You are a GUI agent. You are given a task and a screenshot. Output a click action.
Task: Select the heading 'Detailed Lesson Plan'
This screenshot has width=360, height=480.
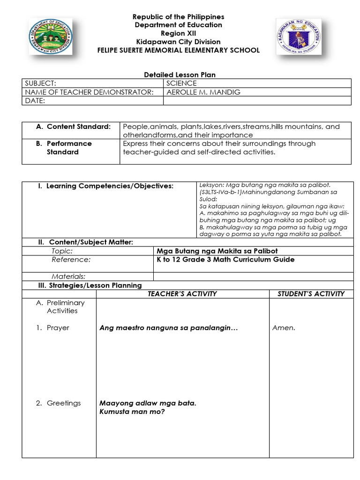179,75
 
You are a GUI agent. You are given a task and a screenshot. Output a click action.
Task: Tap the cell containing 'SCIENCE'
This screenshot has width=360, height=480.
181,83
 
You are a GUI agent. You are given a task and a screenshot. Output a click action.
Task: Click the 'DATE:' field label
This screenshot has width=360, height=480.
35,101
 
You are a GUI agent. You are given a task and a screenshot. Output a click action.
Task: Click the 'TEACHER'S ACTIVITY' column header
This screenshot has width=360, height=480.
182,294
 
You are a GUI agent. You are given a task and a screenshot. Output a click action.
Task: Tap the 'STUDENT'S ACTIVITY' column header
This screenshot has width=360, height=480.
311,294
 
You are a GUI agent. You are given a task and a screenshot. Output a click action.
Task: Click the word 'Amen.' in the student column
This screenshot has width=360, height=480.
284,328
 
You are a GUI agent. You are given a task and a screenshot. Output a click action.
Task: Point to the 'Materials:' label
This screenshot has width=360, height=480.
68,277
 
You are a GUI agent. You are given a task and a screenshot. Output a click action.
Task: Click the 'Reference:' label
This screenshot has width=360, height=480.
71,260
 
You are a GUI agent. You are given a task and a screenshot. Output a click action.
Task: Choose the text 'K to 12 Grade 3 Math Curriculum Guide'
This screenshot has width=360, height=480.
225,260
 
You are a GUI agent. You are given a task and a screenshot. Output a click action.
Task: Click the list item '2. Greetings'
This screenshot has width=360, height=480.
59,403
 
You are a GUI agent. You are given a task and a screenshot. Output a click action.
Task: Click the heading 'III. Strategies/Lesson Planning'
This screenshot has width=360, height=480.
90,285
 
